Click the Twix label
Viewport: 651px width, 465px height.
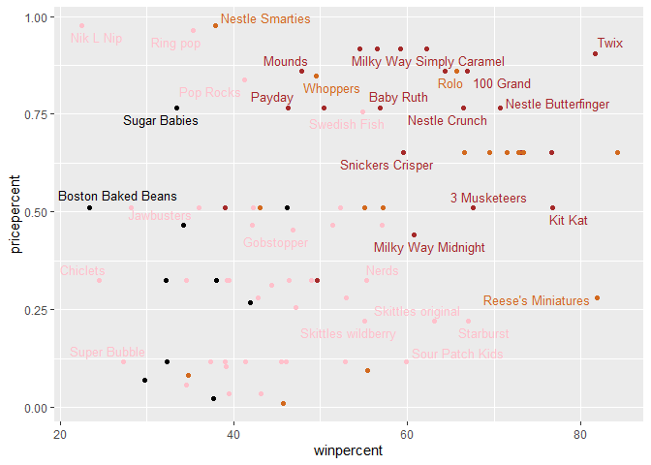610,43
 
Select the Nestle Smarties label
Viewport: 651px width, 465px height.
265,18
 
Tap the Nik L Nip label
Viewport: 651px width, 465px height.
97,39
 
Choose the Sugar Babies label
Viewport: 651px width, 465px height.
161,121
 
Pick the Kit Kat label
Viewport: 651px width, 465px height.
568,221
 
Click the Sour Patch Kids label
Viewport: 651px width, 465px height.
457,355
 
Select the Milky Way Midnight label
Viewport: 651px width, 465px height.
429,247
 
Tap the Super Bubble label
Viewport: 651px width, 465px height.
107,351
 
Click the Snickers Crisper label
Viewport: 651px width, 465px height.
387,166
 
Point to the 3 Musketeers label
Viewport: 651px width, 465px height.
488,198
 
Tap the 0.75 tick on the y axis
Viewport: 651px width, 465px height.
36,114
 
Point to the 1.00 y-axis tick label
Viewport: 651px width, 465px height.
36,17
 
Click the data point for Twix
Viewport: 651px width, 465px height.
595,54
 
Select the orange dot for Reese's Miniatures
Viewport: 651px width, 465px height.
597,298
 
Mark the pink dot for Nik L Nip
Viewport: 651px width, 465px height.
81,26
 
